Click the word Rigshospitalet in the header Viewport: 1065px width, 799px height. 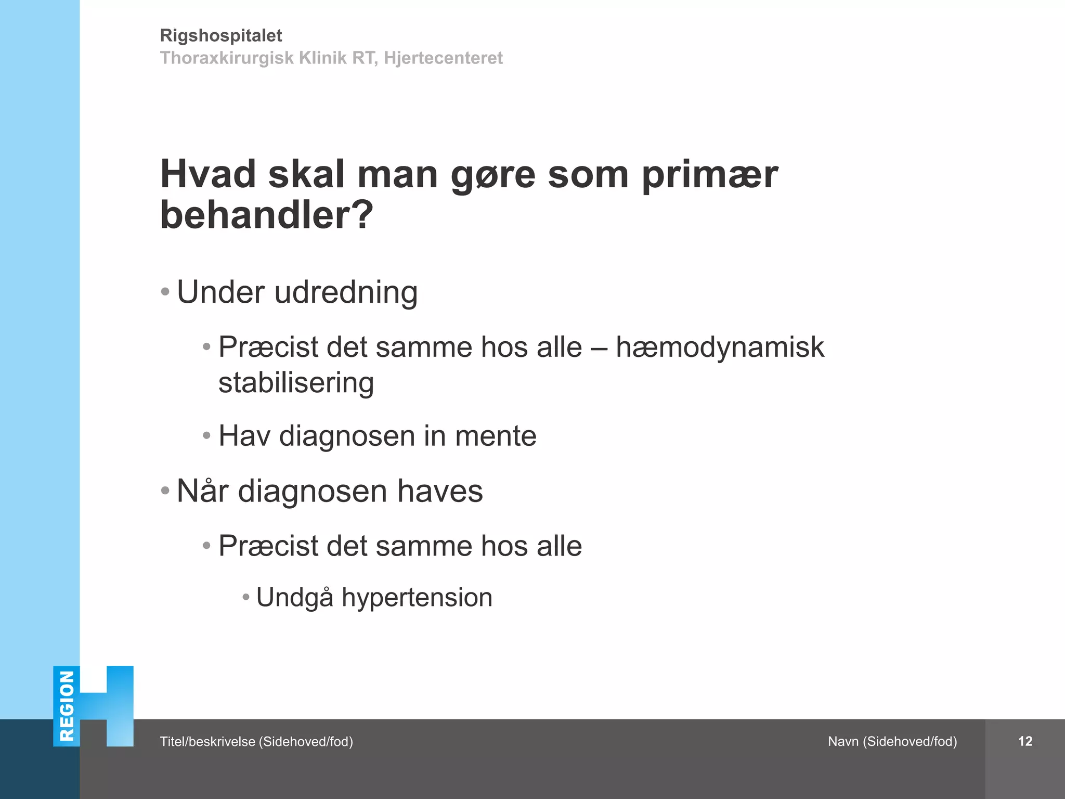click(220, 35)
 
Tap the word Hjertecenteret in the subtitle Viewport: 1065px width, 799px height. click(443, 58)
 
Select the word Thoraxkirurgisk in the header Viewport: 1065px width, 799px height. click(227, 58)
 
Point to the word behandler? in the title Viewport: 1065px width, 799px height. click(267, 215)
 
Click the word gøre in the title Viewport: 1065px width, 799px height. click(492, 175)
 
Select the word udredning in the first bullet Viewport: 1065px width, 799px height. click(346, 292)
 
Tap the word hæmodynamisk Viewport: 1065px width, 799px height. click(720, 347)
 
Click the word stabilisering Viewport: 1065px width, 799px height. click(296, 383)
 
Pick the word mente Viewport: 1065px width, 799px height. click(496, 436)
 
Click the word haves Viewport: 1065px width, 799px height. click(440, 491)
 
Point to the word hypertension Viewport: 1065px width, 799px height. click(417, 597)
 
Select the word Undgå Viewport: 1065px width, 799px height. click(294, 597)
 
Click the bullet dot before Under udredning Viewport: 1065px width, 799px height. click(165, 292)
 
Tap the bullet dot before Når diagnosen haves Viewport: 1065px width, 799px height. click(165, 491)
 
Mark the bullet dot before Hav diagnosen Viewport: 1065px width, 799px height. click(207, 435)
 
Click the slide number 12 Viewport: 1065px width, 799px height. click(1025, 741)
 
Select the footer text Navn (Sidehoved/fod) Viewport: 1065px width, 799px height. click(892, 741)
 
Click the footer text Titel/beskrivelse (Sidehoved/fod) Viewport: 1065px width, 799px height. click(256, 741)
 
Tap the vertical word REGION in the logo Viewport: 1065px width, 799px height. click(67, 706)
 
